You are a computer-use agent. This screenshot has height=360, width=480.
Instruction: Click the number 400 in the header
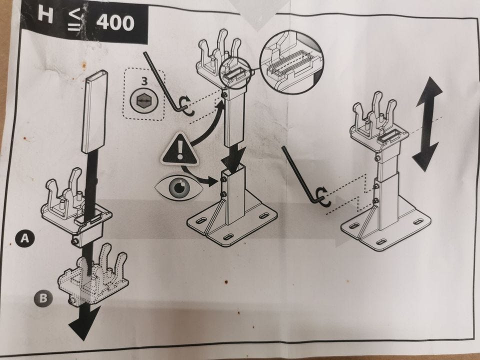115,23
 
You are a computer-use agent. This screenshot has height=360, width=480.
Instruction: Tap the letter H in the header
45,15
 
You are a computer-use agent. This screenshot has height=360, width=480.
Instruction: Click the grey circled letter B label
43,298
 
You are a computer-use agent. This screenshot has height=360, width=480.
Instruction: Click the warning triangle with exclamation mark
179,149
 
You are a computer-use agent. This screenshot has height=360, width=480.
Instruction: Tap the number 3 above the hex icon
144,81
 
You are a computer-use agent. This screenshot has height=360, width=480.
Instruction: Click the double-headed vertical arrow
427,123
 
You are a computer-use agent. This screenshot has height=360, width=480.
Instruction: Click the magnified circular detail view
291,61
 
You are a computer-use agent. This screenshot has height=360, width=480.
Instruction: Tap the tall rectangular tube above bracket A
95,111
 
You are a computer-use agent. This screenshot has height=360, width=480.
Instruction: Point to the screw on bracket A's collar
74,241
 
